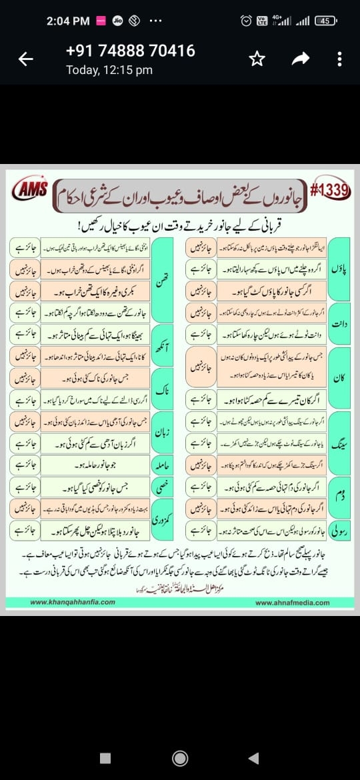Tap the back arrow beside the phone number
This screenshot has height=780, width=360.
click(26, 59)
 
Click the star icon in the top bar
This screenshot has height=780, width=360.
click(256, 59)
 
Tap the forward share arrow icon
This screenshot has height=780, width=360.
click(301, 59)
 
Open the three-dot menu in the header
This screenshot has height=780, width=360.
click(340, 59)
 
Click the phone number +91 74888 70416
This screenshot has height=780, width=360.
click(130, 51)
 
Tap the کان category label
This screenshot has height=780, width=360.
click(339, 377)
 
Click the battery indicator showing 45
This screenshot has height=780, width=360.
click(325, 21)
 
